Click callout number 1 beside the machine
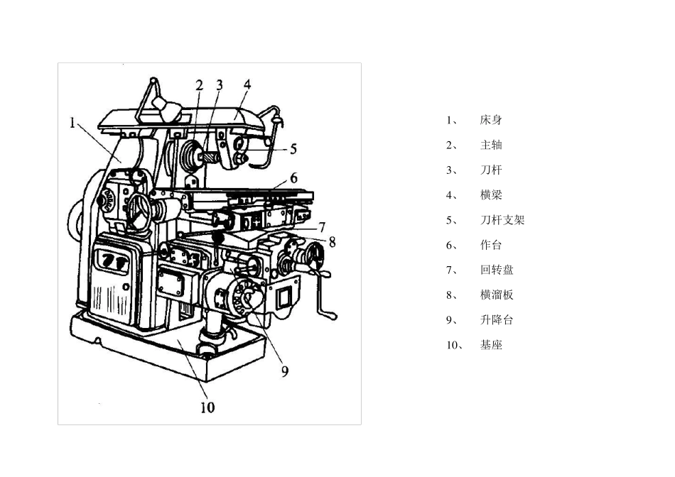72,123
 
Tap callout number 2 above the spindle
199,85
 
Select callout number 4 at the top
247,84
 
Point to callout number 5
293,149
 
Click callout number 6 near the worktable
293,177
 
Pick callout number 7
322,226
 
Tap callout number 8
332,242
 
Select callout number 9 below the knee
284,371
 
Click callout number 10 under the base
207,407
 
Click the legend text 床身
491,120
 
